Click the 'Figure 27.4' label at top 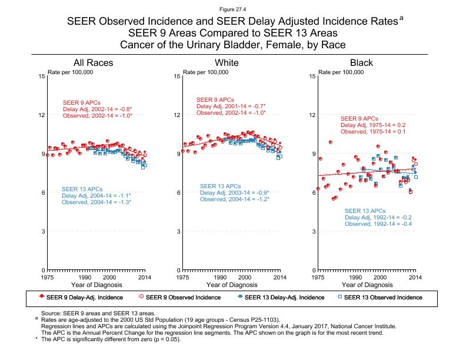pyautogui.click(x=232, y=9)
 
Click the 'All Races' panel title pyautogui.click(x=93, y=63)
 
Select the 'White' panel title pyautogui.click(x=227, y=63)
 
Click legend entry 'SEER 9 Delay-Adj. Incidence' pyautogui.click(x=81, y=297)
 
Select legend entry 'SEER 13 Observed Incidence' pyautogui.click(x=382, y=297)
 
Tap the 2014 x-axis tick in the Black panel pyautogui.click(x=415, y=276)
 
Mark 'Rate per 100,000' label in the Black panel pyautogui.click(x=341, y=72)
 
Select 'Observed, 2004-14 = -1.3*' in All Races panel pyautogui.click(x=96, y=202)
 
